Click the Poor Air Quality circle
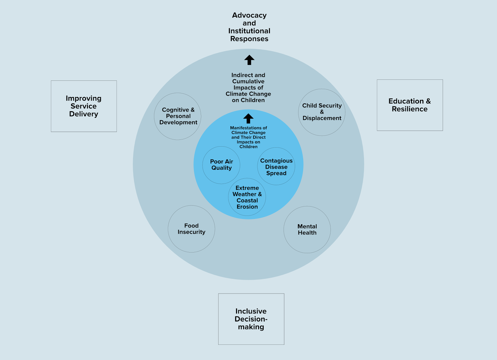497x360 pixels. [x=221, y=165]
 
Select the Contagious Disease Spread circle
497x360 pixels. [x=276, y=167]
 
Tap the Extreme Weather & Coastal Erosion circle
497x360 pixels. [x=247, y=197]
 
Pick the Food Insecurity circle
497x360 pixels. [x=191, y=229]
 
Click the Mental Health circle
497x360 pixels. [x=307, y=230]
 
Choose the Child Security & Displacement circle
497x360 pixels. [x=322, y=112]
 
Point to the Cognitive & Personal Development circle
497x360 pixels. [x=178, y=116]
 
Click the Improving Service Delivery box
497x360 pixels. [x=84, y=106]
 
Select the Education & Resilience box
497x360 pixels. [x=410, y=105]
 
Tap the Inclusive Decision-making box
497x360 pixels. [x=251, y=319]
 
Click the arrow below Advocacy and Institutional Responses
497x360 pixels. [x=249, y=60]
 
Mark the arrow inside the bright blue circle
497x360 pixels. [x=248, y=118]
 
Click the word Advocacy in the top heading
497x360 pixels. [x=249, y=15]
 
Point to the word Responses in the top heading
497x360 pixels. [x=249, y=39]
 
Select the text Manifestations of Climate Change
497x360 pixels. [x=248, y=130]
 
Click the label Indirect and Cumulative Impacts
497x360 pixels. [x=248, y=81]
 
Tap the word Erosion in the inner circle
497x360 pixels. [x=247, y=207]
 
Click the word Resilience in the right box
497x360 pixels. [x=409, y=109]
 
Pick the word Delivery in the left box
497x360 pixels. [x=84, y=114]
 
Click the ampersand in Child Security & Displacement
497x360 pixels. [x=322, y=112]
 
